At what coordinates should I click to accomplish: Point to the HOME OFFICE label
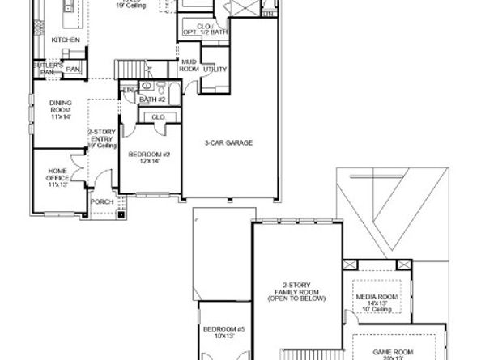click(x=57, y=175)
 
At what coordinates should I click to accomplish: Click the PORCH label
click(x=101, y=201)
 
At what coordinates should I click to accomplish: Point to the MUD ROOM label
click(x=189, y=66)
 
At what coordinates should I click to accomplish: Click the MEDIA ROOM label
click(x=377, y=297)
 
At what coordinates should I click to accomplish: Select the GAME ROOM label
click(x=393, y=352)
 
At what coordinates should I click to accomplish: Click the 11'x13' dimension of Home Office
click(x=57, y=185)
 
